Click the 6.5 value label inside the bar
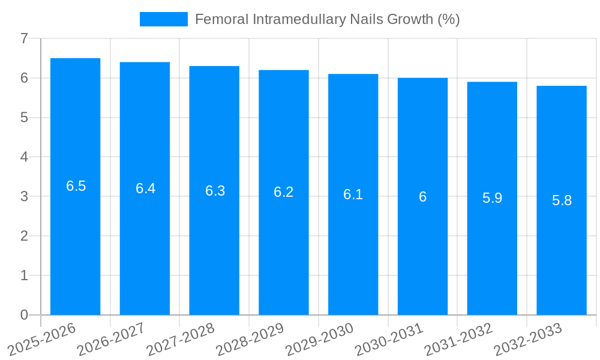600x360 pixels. [x=76, y=186]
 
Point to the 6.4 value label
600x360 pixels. [x=145, y=188]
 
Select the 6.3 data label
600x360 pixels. [x=215, y=191]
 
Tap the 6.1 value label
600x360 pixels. [x=353, y=194]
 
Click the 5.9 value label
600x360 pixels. [x=492, y=198]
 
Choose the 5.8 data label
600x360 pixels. [x=562, y=200]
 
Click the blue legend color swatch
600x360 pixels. [x=163, y=19]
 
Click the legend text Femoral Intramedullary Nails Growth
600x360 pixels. [x=327, y=19]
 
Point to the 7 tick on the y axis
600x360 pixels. [x=24, y=38]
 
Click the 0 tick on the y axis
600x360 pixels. [x=24, y=315]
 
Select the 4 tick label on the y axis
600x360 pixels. [x=24, y=157]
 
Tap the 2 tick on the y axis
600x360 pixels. [x=24, y=236]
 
